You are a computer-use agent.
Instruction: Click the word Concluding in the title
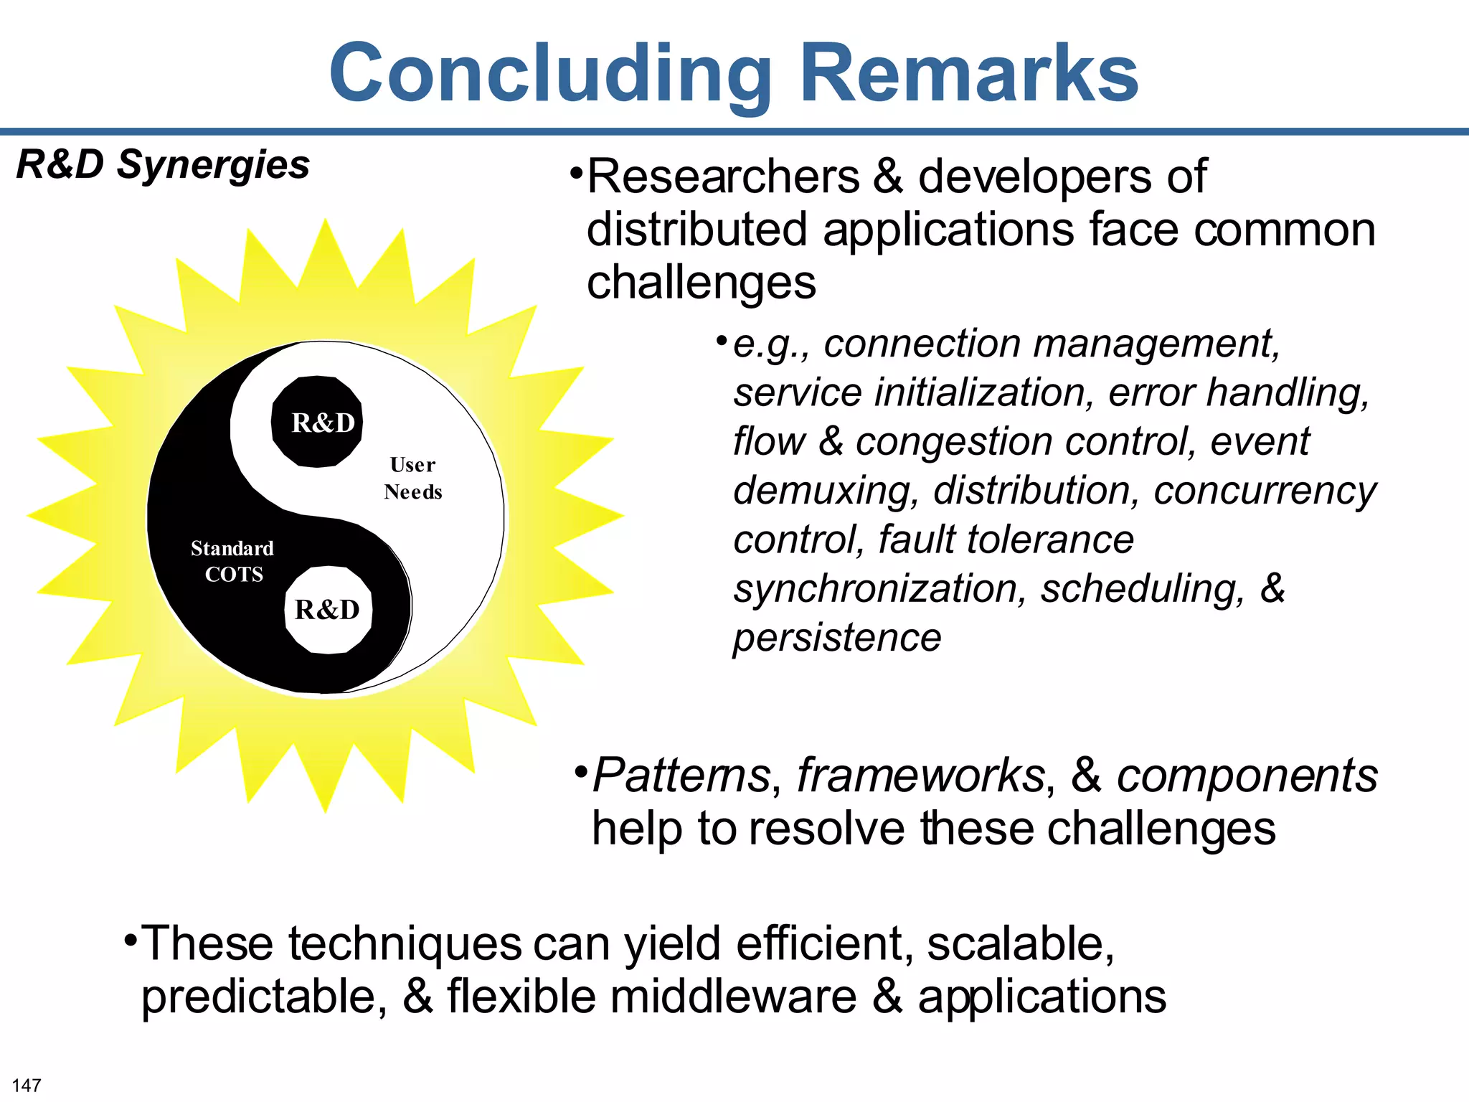549,74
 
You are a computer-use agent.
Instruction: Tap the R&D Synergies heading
163,164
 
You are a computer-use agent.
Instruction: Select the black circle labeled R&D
317,422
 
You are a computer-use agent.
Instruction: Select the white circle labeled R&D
328,610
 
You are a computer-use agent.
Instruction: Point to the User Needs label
413,478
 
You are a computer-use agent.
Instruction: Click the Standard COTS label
232,561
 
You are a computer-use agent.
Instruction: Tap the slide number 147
27,1085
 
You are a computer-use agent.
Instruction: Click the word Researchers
724,176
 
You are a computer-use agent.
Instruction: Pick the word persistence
837,637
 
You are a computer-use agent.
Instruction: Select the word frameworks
921,776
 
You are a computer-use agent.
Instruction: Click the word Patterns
681,776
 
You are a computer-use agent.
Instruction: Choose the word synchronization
876,589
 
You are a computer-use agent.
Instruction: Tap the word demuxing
826,491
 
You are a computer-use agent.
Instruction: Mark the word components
1247,776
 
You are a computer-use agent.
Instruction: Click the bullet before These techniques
129,939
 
